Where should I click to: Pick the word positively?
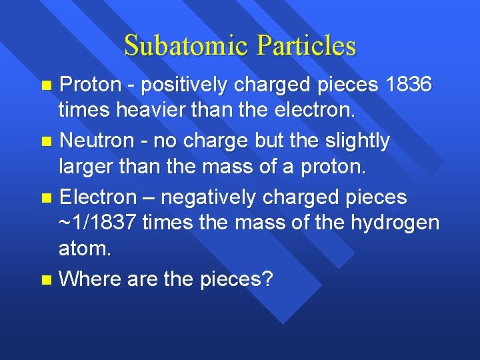tap(181, 85)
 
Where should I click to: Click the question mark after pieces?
tap(268, 279)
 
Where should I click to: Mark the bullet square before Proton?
tap(46, 86)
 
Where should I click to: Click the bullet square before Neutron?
tap(46, 142)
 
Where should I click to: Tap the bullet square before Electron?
tap(46, 198)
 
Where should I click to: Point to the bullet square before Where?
tap(46, 279)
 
